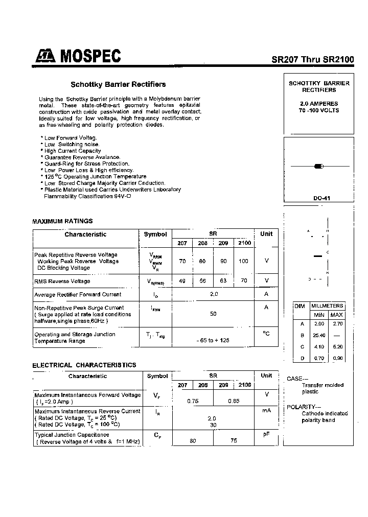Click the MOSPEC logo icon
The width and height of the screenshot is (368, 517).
click(x=44, y=57)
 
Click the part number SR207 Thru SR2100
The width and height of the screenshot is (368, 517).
click(x=312, y=59)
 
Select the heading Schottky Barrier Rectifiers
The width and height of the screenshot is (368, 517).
click(x=118, y=84)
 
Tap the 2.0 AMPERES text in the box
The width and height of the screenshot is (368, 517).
click(x=319, y=104)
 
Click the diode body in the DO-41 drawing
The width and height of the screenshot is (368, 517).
click(x=319, y=166)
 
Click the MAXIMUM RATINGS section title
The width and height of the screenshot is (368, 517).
click(x=63, y=221)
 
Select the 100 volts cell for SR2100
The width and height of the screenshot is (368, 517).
click(x=243, y=261)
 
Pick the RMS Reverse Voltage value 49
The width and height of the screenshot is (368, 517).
click(x=182, y=281)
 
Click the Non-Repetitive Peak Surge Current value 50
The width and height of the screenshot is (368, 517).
click(x=213, y=314)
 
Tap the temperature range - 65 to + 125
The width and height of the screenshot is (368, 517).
click(x=213, y=340)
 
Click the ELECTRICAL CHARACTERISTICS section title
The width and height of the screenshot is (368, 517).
click(x=84, y=365)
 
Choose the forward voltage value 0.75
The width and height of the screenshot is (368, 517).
click(x=193, y=401)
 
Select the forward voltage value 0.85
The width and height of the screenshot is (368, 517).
click(x=234, y=401)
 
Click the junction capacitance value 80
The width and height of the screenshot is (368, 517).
click(x=193, y=440)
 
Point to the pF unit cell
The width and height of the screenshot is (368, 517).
click(x=266, y=434)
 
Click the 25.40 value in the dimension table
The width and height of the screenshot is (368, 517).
click(x=319, y=335)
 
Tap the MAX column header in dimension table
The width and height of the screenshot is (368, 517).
click(x=336, y=315)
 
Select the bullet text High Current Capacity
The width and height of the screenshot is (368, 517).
click(x=73, y=151)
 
